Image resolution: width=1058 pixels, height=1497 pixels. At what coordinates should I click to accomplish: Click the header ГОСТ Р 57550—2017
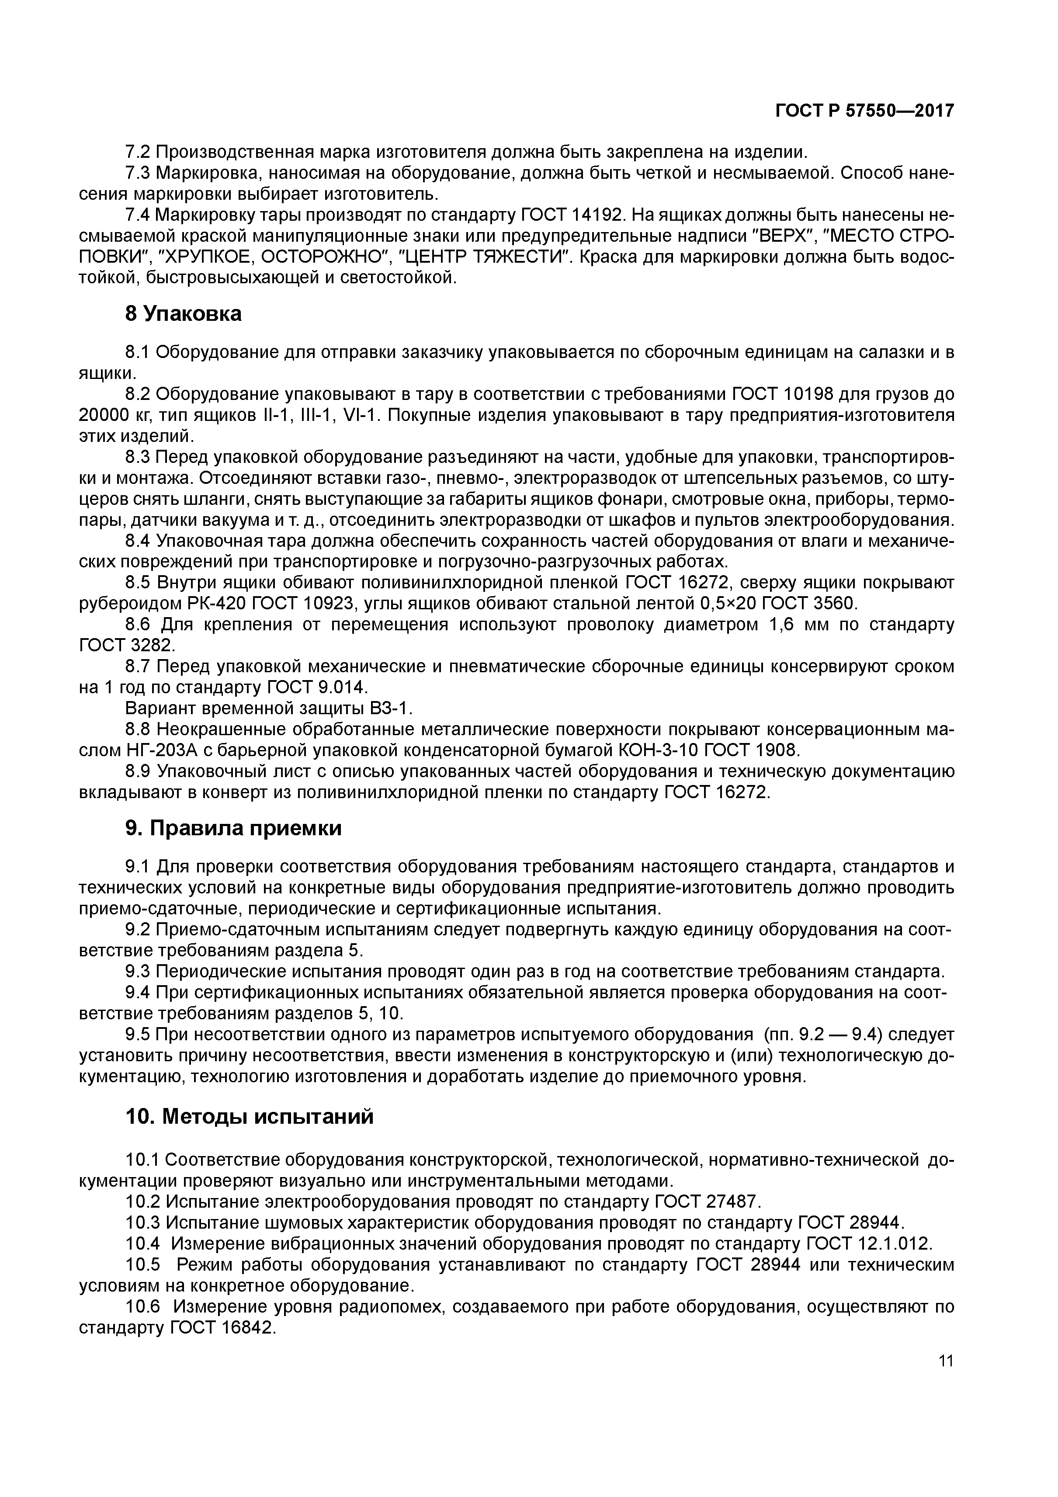[864, 111]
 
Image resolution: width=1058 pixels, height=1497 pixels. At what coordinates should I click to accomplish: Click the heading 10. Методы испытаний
[249, 1116]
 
